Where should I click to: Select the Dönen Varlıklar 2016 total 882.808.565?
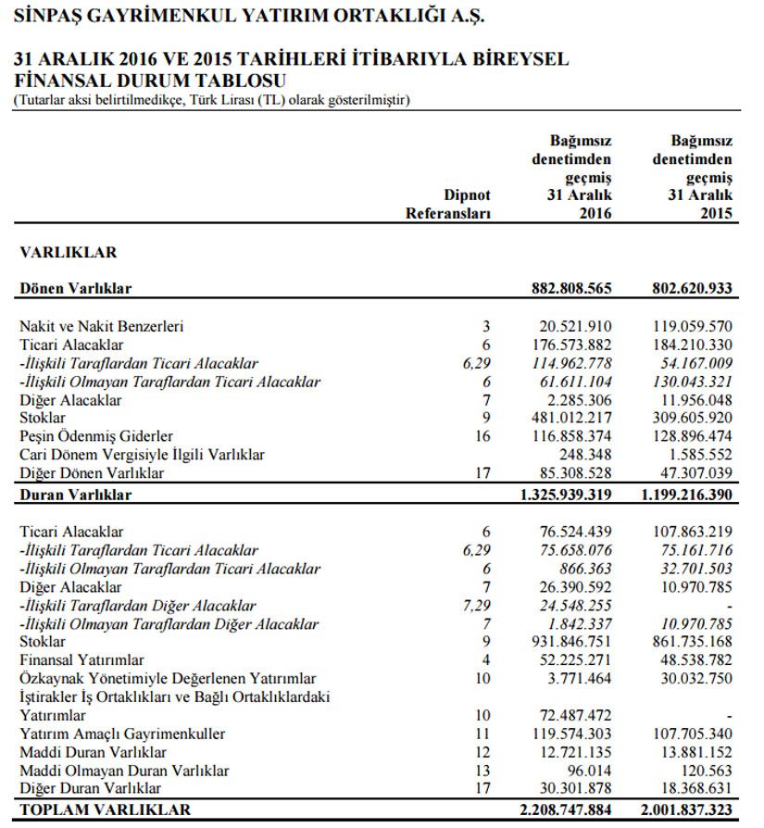pos(565,288)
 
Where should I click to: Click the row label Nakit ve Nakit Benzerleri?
pos(102,326)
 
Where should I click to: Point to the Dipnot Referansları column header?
pos(447,205)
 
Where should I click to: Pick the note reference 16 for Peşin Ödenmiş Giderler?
pos(482,435)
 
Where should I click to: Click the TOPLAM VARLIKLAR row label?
pos(106,809)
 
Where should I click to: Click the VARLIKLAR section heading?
pos(69,252)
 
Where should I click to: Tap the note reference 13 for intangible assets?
pos(482,771)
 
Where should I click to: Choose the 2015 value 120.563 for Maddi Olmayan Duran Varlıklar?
pos(706,771)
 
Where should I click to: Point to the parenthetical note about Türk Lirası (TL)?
pos(211,99)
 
